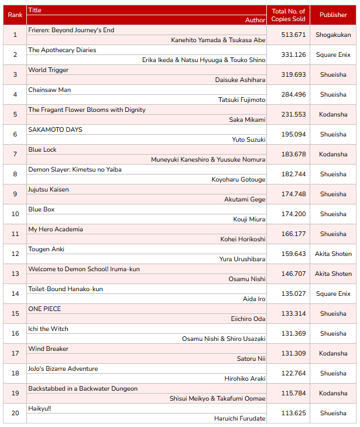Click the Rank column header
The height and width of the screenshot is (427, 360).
[15, 15]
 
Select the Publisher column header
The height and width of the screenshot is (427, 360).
[333, 15]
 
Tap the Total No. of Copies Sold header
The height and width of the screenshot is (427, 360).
[288, 15]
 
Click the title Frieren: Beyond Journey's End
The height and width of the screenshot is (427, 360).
[71, 30]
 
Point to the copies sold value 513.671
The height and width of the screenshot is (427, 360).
[293, 35]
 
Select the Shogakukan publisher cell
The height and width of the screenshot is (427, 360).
[333, 35]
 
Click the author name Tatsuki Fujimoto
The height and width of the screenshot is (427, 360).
[242, 100]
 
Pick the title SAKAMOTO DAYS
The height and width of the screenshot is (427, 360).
[55, 129]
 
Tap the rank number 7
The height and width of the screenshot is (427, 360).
[15, 154]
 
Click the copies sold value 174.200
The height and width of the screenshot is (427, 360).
[293, 214]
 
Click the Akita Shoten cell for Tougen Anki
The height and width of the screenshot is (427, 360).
[333, 254]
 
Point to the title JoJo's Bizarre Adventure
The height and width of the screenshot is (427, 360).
[63, 368]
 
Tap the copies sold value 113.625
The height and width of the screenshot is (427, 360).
[293, 413]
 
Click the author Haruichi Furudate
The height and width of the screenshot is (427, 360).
[240, 418]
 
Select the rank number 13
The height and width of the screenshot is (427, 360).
[15, 274]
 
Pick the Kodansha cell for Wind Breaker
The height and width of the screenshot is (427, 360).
[333, 353]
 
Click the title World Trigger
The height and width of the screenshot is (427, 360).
[49, 70]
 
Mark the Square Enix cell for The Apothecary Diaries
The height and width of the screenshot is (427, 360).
[333, 54]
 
